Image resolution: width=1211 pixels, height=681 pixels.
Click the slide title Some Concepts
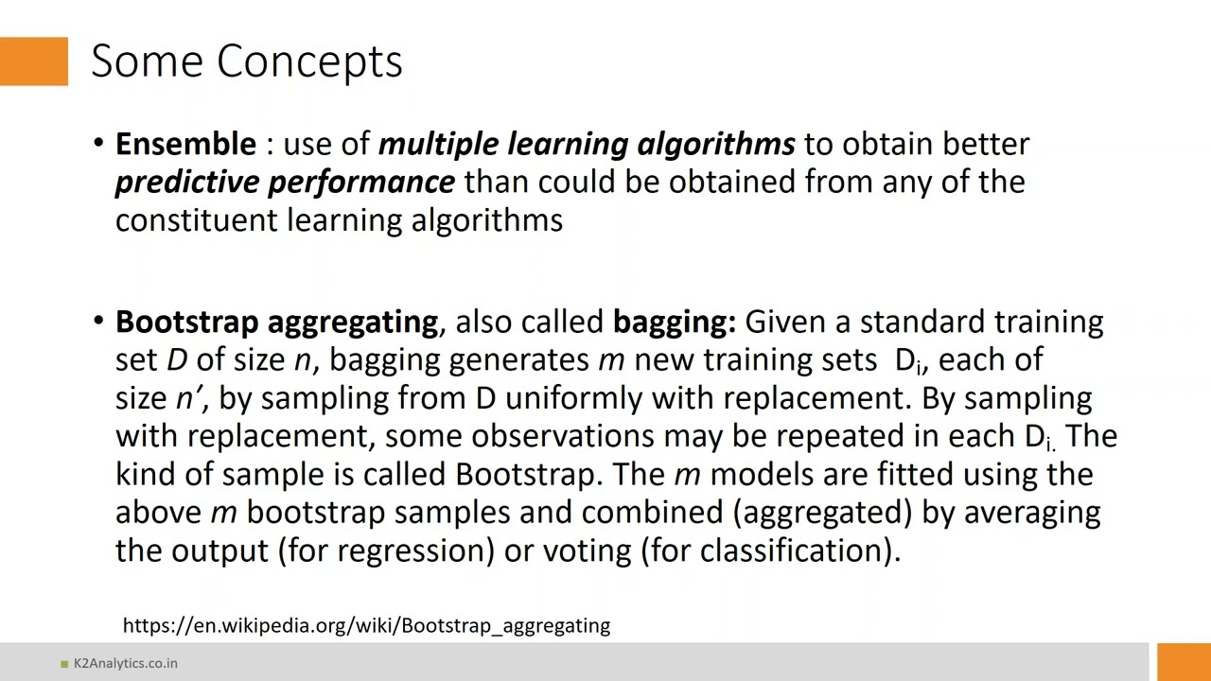[247, 61]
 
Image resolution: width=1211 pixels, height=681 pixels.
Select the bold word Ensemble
[185, 144]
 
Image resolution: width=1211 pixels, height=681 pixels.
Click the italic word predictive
[187, 182]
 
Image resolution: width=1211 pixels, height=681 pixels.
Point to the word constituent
[196, 220]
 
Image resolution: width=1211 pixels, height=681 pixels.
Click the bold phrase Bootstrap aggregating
[276, 322]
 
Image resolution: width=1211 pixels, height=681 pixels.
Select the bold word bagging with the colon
[674, 322]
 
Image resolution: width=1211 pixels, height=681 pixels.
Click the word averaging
[1031, 513]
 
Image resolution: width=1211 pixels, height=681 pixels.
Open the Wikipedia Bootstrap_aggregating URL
[366, 625]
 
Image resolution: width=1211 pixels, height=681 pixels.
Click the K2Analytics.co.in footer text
[125, 663]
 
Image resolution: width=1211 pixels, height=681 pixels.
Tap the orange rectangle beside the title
[34, 61]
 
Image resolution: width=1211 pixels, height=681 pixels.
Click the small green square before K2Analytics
[64, 664]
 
